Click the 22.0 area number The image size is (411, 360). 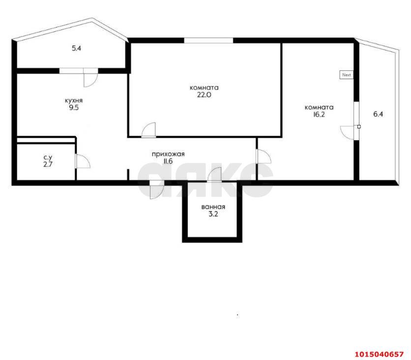click(x=204, y=95)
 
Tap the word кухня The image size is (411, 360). click(x=74, y=101)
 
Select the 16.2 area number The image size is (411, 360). click(x=319, y=115)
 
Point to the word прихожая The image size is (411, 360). click(x=168, y=154)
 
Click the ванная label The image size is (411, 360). click(x=213, y=207)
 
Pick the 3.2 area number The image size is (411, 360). click(x=213, y=214)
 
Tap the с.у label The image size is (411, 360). click(x=48, y=157)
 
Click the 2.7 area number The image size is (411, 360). click(x=48, y=164)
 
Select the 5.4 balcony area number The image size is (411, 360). click(x=76, y=48)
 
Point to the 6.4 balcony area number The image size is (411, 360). click(x=378, y=114)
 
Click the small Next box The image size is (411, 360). click(x=347, y=75)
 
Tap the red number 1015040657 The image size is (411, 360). click(x=379, y=354)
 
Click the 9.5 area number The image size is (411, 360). click(x=74, y=108)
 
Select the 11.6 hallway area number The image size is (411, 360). click(x=168, y=161)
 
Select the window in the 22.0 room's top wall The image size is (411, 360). click(x=208, y=40)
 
